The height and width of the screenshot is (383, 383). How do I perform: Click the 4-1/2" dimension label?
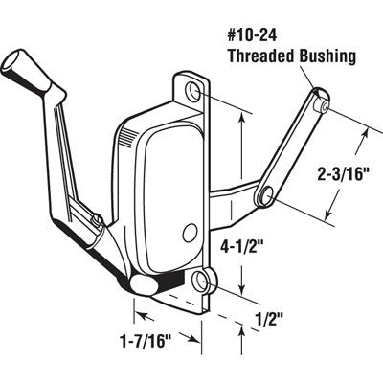[267, 255]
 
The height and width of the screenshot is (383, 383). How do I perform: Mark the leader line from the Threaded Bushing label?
[290, 79]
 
